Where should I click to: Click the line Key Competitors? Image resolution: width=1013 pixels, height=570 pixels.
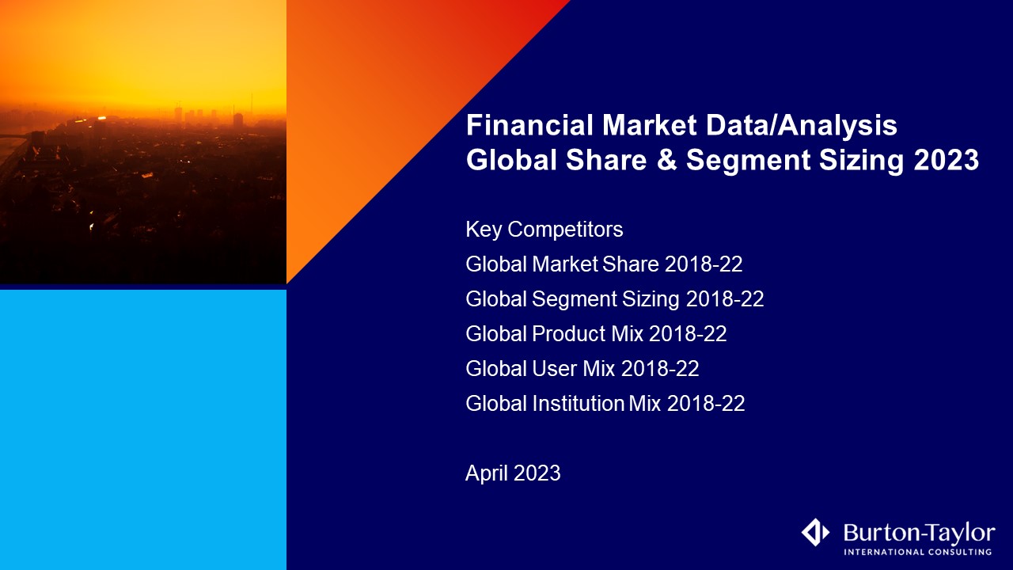(x=544, y=230)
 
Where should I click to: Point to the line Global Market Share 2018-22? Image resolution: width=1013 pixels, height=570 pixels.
(x=604, y=264)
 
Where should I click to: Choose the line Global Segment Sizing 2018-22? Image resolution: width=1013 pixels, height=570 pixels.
(x=614, y=299)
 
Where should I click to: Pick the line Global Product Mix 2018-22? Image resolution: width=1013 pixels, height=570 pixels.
(x=596, y=334)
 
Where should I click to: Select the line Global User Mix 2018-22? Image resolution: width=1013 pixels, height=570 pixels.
(x=582, y=369)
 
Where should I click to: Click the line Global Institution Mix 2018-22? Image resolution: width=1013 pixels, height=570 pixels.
(x=605, y=404)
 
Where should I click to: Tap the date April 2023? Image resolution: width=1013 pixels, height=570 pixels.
(x=513, y=473)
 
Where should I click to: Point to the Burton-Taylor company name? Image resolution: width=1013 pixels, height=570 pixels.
(x=919, y=531)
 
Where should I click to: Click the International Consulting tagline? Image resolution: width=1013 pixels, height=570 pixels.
(x=918, y=552)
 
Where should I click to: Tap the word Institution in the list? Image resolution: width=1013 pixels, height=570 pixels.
(x=579, y=404)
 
